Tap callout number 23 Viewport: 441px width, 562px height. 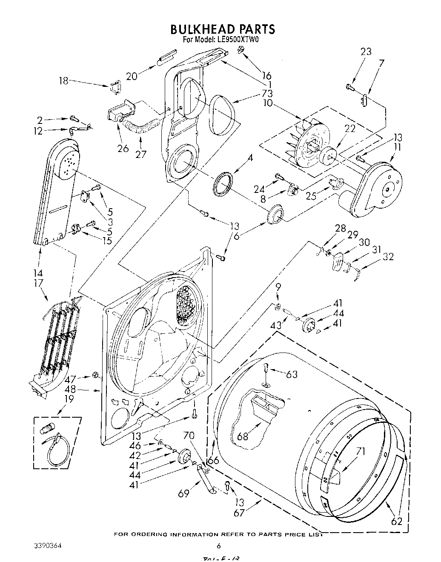366,52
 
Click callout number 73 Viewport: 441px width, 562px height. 267,93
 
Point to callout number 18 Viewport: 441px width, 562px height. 64,80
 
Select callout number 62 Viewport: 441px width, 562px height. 396,521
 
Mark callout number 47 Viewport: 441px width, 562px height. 71,378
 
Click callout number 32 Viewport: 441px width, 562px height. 388,256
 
